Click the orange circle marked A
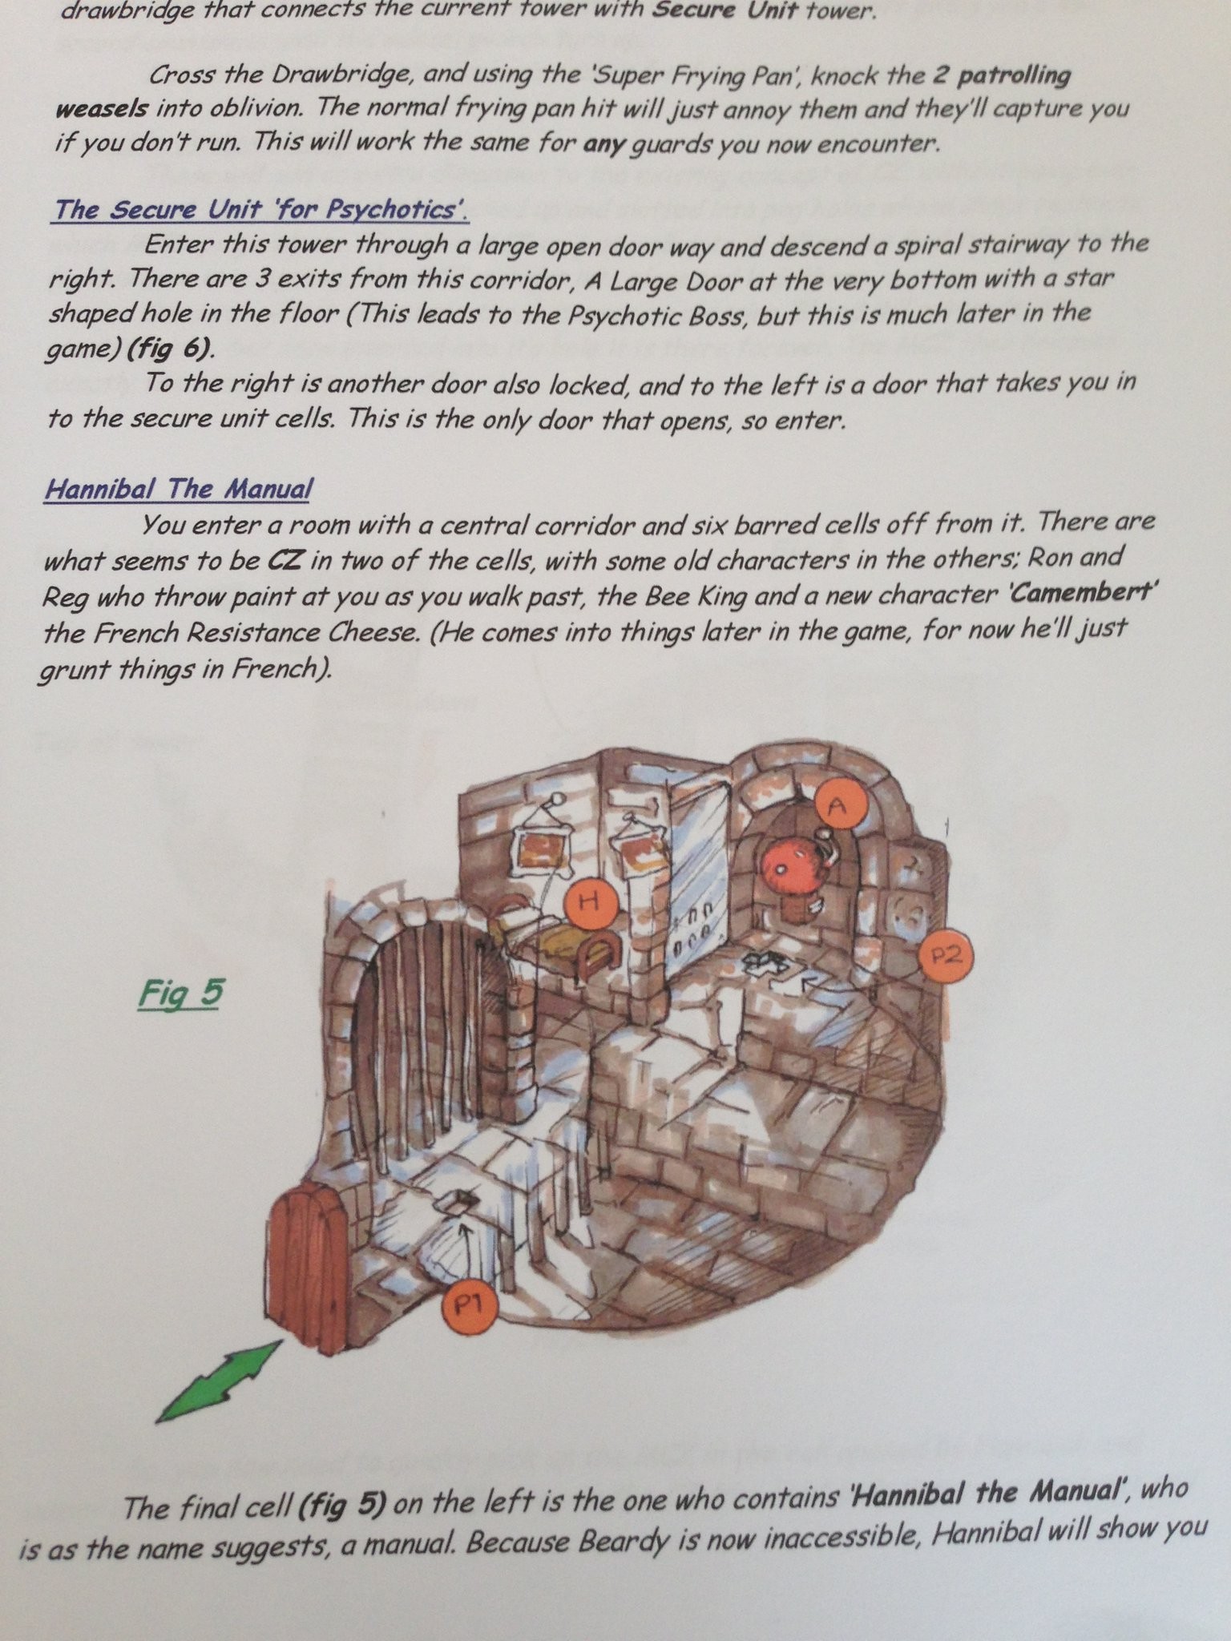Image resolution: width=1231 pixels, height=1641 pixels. [x=838, y=808]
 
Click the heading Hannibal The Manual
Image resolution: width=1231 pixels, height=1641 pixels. [x=178, y=488]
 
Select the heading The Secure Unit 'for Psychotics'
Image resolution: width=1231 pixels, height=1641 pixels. [x=261, y=210]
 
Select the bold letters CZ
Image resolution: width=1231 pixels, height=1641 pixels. [x=285, y=559]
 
